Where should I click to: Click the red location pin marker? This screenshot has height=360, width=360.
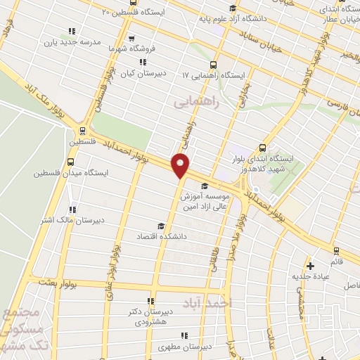(x=181, y=165)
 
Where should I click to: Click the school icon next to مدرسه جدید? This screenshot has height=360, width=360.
(x=71, y=31)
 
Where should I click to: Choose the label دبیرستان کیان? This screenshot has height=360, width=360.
(x=145, y=72)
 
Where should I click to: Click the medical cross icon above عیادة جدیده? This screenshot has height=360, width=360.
(x=311, y=265)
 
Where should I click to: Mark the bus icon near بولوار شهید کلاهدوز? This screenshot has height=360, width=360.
(x=262, y=148)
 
